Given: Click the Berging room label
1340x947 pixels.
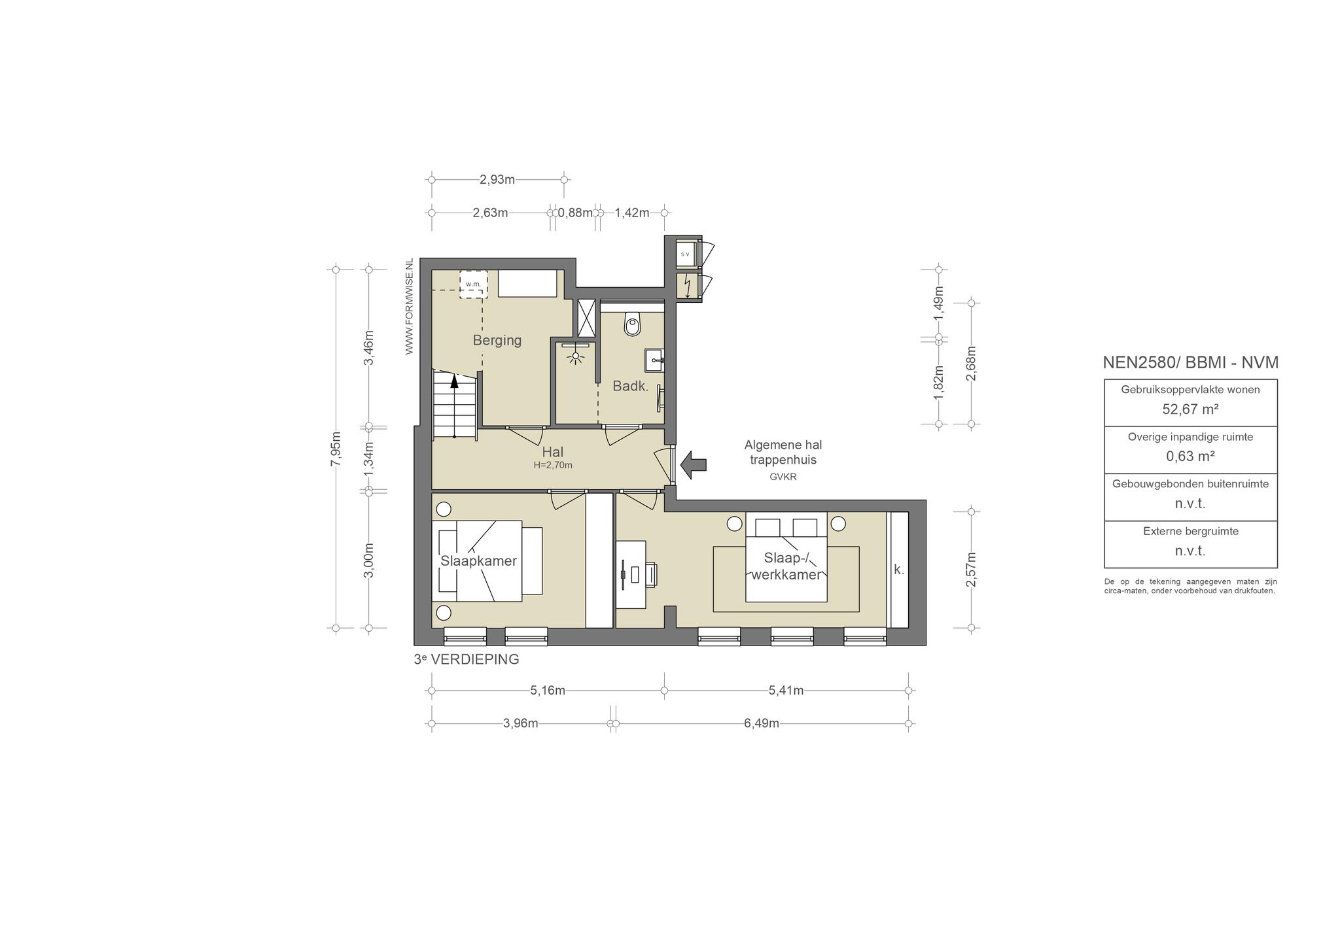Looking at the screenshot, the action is pos(497,340).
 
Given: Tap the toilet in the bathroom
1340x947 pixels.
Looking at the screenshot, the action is pos(632,323).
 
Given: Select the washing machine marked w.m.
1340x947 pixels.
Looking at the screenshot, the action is pos(473,284).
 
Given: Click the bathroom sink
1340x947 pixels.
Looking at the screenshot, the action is pos(654,360).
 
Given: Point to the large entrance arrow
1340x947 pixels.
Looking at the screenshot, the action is pos(694,464).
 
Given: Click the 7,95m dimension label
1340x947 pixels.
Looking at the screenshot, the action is pos(336,449).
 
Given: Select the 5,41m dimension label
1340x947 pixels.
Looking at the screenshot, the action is pos(786,690).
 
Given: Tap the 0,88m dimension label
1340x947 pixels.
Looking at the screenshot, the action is pos(575,213).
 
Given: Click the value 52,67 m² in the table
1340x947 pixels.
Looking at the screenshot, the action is pos(1190,409).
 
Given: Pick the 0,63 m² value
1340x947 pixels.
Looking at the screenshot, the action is pos(1190,456).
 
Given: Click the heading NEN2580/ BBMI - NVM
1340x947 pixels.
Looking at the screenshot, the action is pos(1190,362).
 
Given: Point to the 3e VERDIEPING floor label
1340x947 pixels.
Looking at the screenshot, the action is pos(467,659).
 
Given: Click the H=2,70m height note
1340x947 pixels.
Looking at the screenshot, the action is pos(553,466).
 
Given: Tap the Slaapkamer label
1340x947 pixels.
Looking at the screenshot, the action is pos(478,561).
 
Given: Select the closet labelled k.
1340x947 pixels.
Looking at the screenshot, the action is pos(899,570).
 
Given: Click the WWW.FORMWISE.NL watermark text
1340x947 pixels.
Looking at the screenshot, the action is pos(410,306).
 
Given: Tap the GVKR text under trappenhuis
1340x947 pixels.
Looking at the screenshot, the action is pos(783,477).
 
